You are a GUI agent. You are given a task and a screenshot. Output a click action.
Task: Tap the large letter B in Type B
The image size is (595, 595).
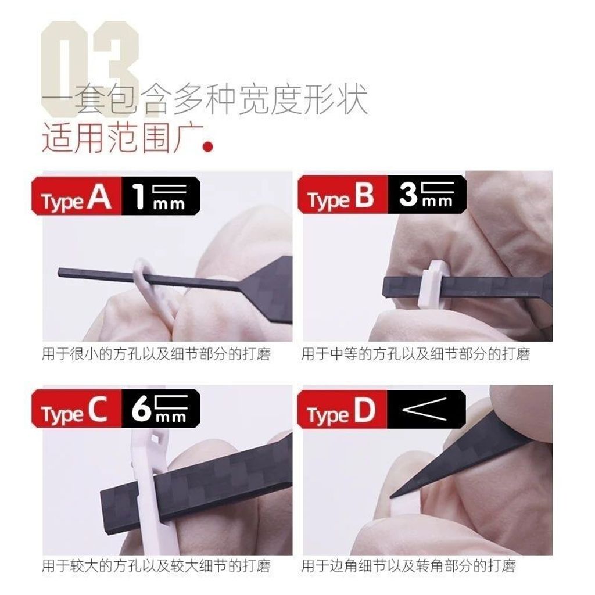coord(364,197)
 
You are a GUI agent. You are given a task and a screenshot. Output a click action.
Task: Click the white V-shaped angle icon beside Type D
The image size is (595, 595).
coord(425,409)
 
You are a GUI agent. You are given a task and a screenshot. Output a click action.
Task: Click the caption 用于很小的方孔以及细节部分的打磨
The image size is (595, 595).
coord(156,354)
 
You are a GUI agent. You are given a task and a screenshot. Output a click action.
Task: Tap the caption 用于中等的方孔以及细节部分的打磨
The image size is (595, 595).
coord(415,354)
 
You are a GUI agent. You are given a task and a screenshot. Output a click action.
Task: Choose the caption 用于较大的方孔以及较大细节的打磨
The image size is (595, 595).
coord(156,565)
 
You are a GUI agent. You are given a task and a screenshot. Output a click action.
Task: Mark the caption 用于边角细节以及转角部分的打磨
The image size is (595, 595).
coord(408,565)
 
